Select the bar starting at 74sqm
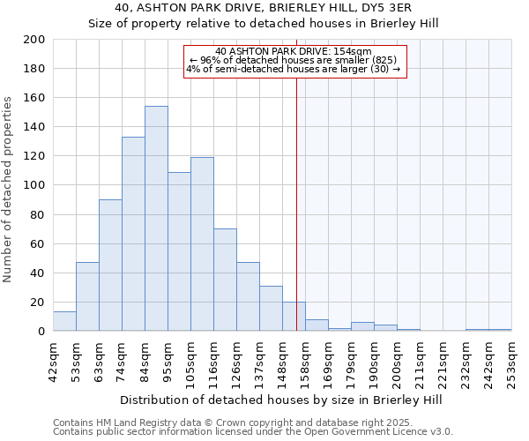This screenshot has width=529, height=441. tap(133, 234)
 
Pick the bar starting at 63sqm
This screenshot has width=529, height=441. tap(110, 265)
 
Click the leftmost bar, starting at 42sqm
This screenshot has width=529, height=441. tap(64, 322)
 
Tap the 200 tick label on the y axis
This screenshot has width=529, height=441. tap(35, 40)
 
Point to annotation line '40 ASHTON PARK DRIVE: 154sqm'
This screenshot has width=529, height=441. tap(294, 51)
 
